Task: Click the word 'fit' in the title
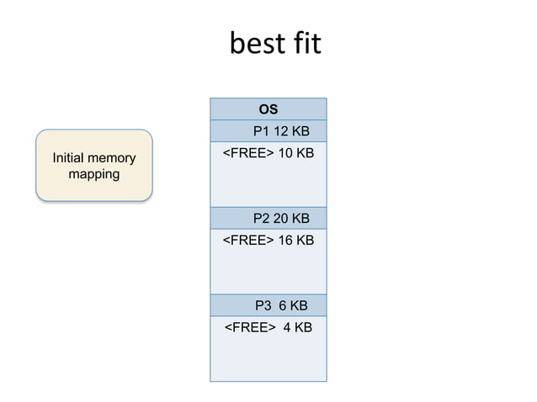305,44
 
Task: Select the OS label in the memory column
268,109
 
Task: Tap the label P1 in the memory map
262,131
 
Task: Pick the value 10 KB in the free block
296,153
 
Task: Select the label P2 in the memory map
262,219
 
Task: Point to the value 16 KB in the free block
296,241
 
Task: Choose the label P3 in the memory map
263,305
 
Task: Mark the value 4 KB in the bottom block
298,327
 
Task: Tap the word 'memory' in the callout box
113,158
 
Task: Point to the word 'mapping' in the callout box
93,175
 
